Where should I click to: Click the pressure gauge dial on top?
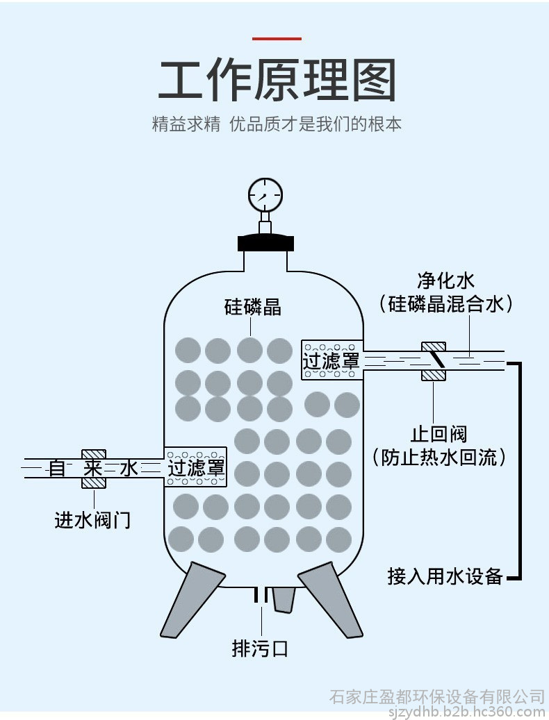coord(265,194)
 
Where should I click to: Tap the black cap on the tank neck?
coord(265,242)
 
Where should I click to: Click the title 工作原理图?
coord(277,80)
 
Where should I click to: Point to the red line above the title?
coord(277,39)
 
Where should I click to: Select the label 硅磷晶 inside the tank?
coord(252,307)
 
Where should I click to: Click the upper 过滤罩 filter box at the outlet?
coord(331,360)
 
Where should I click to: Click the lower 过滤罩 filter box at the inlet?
coord(196,467)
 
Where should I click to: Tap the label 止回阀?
coord(439,434)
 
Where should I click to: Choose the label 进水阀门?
coord(93,520)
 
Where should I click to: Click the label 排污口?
coord(260,648)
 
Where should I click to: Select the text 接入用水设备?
coord(445,576)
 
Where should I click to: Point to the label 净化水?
coord(445,281)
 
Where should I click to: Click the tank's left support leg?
coord(192,599)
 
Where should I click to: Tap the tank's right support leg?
coord(331,599)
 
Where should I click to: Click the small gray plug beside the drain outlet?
coord(283,599)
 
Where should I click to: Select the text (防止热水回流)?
coord(439,457)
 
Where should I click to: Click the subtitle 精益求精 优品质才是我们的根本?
coord(277,124)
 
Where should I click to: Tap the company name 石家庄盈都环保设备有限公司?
coord(437,696)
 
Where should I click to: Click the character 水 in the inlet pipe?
coord(129,469)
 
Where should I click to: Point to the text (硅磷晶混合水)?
coord(445,303)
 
